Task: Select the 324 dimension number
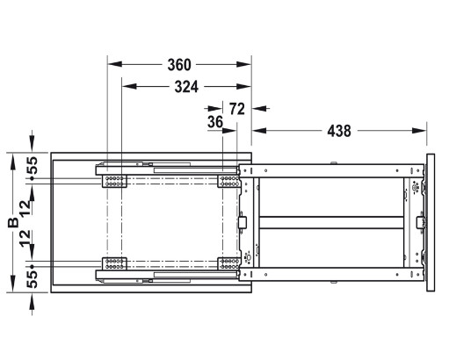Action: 180,87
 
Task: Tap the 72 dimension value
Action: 236,108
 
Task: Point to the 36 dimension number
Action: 214,124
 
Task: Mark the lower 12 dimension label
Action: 31,240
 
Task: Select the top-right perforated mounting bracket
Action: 228,181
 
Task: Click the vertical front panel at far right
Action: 430,222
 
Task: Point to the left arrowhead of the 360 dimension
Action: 112,64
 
